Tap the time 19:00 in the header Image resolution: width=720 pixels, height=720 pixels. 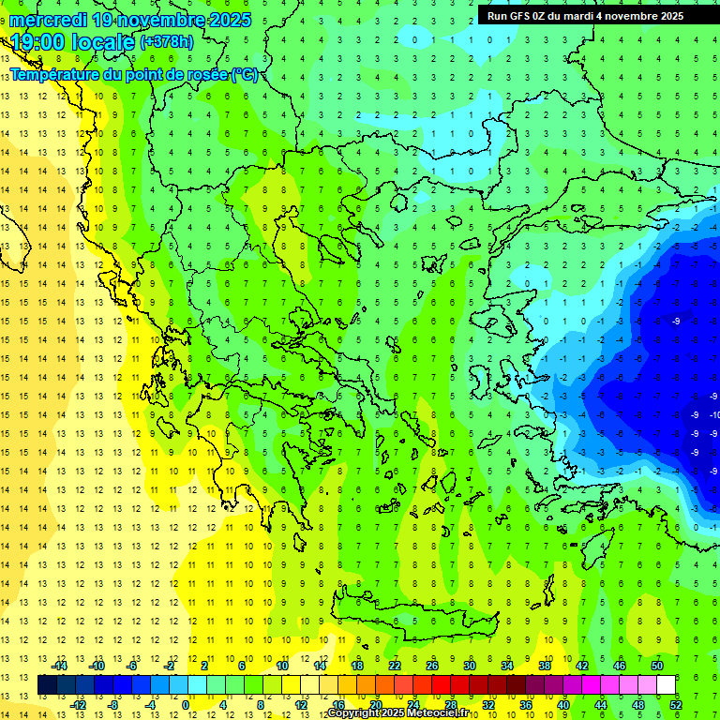click(x=38, y=41)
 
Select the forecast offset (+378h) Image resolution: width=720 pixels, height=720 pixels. click(x=168, y=42)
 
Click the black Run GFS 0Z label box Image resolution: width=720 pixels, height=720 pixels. click(x=586, y=15)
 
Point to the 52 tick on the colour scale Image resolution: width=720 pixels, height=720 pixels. click(x=676, y=705)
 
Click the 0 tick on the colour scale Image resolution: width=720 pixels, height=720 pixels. click(x=186, y=705)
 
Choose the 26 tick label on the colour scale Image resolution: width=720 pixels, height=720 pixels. click(x=431, y=666)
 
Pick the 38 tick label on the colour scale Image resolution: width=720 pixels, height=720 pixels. click(x=544, y=666)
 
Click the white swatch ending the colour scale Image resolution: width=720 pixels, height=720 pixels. click(x=666, y=685)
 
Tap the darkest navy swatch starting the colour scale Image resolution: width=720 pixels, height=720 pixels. click(x=47, y=685)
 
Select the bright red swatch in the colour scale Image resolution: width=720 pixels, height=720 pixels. click(x=441, y=685)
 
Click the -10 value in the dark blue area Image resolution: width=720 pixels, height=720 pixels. click(x=714, y=414)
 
